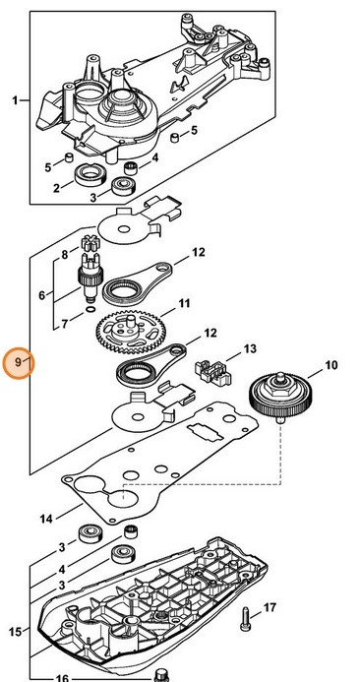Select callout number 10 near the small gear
pos(330,365)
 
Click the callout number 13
pos(249,348)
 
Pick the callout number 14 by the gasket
pos(45,518)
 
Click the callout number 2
pos(56,187)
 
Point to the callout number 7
pos(65,322)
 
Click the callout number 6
pos(41,294)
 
